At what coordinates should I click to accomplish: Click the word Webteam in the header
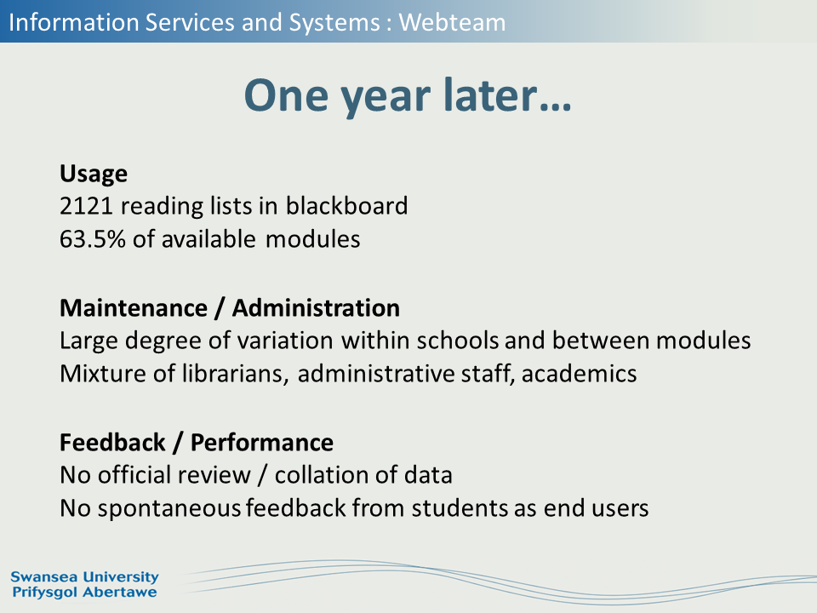point(452,22)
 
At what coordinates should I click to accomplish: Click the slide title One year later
point(408,96)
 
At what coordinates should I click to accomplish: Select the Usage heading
point(94,174)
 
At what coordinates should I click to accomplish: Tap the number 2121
point(86,206)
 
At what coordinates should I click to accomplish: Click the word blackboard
point(346,205)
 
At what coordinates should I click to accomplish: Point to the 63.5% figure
point(93,239)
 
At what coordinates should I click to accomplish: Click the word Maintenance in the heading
point(134,308)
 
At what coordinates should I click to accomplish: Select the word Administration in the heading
point(316,308)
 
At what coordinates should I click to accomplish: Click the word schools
point(458,341)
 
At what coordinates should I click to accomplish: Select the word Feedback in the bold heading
point(112,443)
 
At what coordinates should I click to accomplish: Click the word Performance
point(261,443)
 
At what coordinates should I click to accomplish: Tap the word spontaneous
point(169,509)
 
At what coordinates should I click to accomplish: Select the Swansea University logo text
point(84,577)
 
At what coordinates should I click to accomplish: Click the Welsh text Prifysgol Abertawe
point(84,593)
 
